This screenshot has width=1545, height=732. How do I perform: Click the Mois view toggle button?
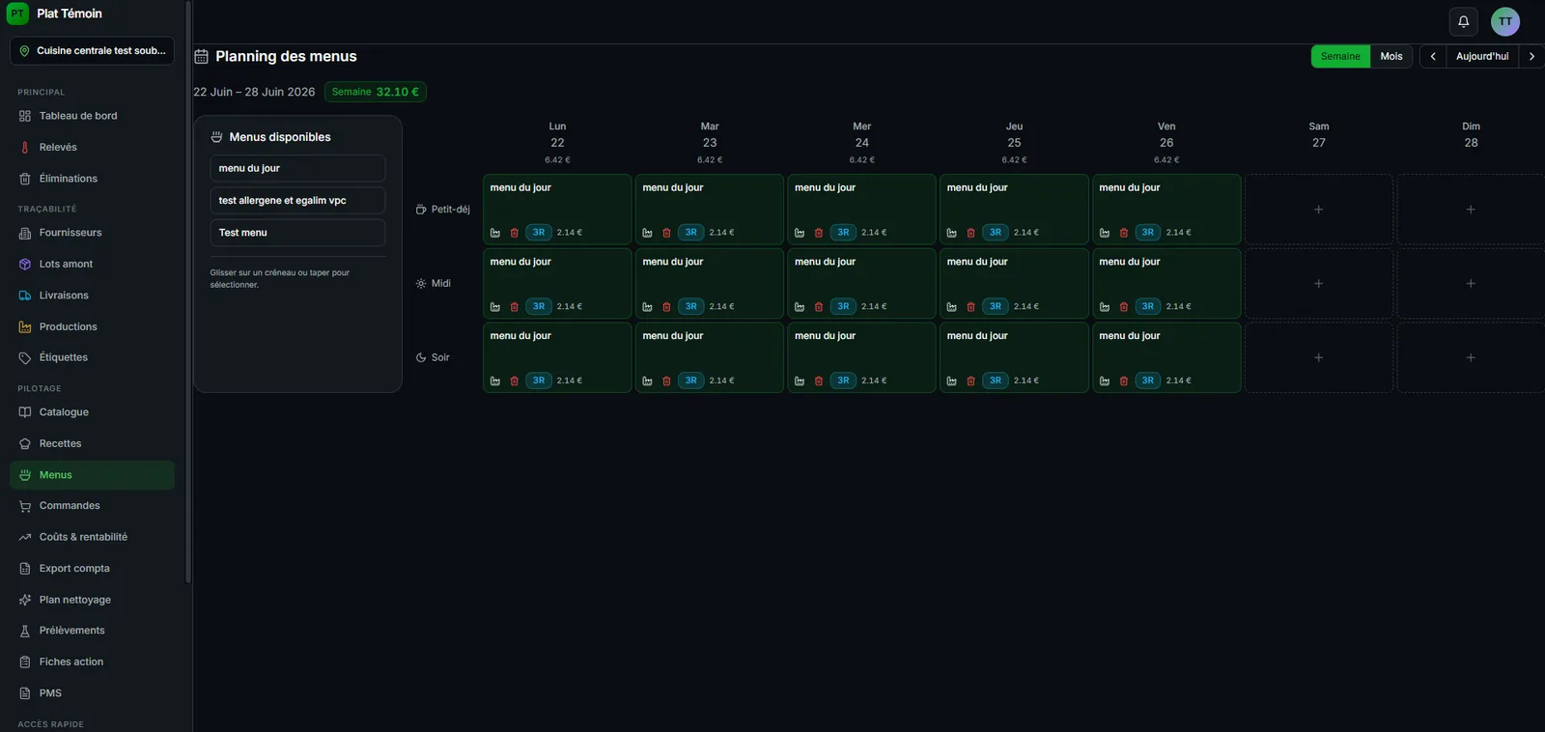(1390, 57)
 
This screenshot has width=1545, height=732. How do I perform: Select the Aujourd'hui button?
(1481, 57)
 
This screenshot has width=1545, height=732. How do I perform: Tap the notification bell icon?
(1463, 21)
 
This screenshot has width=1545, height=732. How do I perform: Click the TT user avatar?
(1505, 21)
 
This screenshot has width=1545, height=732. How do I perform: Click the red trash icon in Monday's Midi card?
(514, 307)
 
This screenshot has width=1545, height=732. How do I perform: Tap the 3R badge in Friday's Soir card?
(1148, 380)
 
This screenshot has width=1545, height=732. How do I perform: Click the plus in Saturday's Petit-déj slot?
(1318, 210)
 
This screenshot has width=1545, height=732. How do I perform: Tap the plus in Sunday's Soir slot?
(1471, 358)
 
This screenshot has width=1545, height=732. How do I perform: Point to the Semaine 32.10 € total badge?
(376, 92)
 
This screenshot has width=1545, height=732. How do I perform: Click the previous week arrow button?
(1433, 57)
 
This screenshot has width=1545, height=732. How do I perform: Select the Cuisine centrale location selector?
(93, 51)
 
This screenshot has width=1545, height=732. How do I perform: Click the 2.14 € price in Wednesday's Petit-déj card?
(874, 233)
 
